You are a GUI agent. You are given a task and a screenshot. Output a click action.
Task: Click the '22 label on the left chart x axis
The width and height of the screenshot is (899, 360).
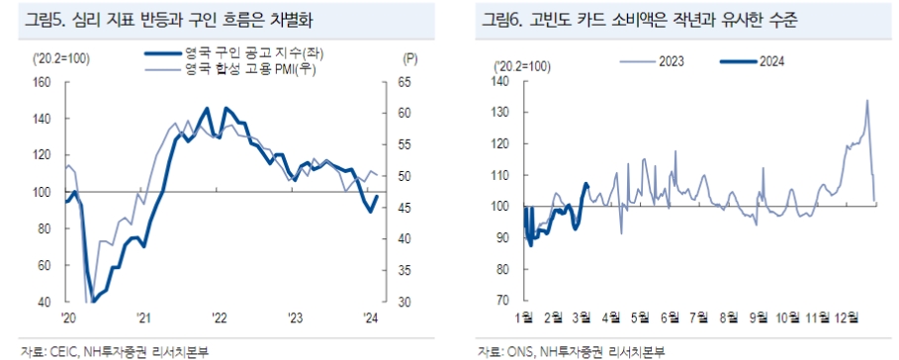220,317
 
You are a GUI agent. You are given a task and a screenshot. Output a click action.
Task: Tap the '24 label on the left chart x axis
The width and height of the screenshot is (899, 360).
371,317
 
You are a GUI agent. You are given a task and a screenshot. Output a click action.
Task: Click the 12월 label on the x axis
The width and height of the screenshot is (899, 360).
848,317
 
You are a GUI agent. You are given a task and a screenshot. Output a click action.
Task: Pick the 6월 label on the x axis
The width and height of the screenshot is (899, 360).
670,317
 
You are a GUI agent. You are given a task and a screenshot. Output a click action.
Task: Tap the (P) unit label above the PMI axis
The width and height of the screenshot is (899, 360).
410,59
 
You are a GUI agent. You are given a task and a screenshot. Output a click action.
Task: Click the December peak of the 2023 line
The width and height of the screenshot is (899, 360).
867,100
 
